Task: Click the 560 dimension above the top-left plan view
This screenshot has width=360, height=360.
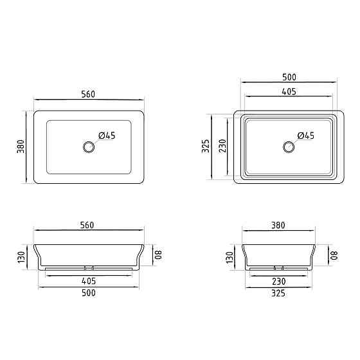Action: pyautogui.click(x=88, y=94)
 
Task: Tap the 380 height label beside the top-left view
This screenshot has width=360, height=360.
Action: pyautogui.click(x=21, y=147)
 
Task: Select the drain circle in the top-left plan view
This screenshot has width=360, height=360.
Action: pyautogui.click(x=89, y=147)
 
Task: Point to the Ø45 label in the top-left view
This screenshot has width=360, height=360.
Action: pyautogui.click(x=107, y=136)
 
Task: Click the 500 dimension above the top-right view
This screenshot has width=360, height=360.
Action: pyautogui.click(x=289, y=77)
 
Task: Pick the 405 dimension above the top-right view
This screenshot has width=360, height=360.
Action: pyautogui.click(x=289, y=91)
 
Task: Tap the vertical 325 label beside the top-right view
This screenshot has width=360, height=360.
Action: pyautogui.click(x=206, y=146)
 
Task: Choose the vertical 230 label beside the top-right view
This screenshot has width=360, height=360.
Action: pyautogui.click(x=222, y=146)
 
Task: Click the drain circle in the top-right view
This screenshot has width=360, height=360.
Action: pyautogui.click(x=289, y=147)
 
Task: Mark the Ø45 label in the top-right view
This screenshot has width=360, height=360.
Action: pyautogui.click(x=305, y=136)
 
